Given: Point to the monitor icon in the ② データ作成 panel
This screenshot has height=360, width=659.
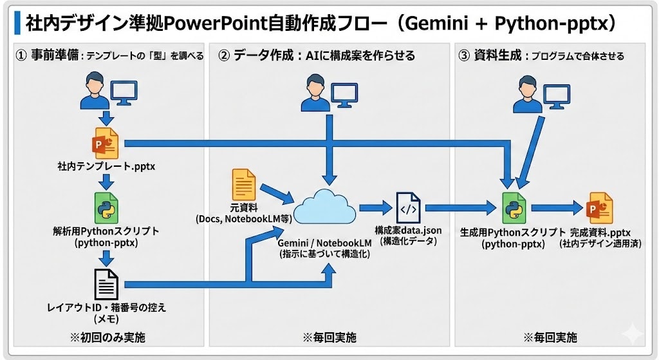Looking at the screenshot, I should click(x=344, y=94).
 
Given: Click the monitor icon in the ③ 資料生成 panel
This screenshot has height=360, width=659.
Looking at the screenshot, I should click(x=558, y=95).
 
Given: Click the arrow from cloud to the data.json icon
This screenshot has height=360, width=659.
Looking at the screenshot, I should click(x=375, y=208).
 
